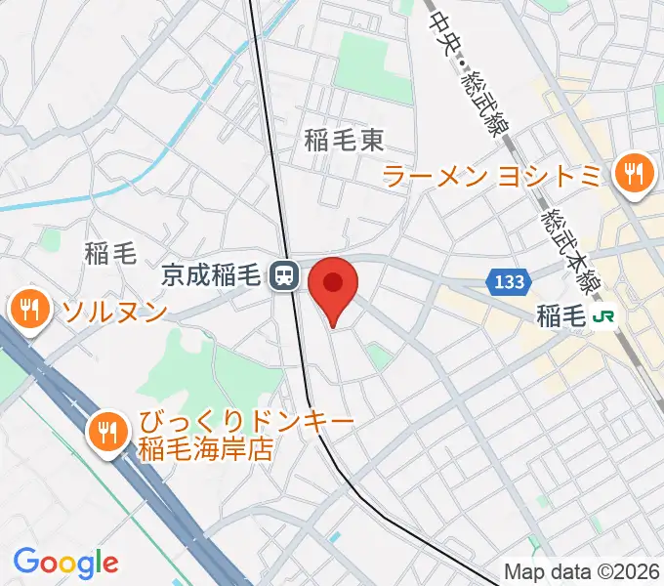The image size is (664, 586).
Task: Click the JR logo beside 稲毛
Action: [x=607, y=315]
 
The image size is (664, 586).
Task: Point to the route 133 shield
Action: [x=508, y=282]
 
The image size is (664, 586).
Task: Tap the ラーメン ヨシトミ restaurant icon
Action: [x=633, y=175]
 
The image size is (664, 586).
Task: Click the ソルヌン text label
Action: [x=114, y=313]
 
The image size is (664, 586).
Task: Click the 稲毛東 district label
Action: [x=343, y=142]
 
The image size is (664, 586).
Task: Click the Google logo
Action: [x=65, y=563]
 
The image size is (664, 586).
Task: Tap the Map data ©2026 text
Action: [x=582, y=571]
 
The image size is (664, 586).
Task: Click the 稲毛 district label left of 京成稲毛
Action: [x=109, y=255]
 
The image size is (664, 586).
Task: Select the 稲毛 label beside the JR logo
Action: [x=560, y=315]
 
